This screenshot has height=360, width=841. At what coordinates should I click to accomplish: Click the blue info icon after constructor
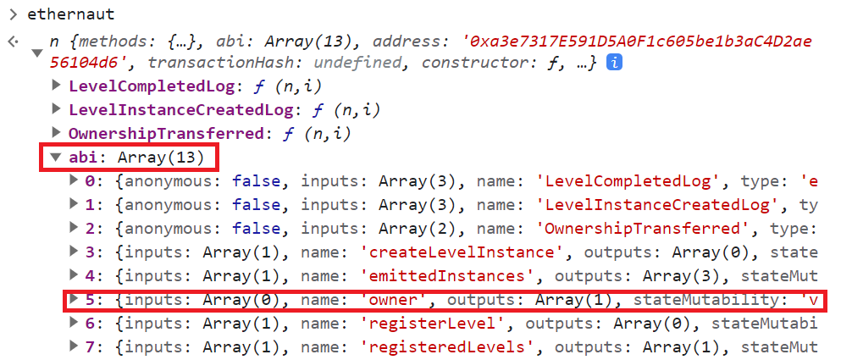click(615, 63)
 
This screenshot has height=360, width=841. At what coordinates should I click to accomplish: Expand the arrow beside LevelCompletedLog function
click(56, 86)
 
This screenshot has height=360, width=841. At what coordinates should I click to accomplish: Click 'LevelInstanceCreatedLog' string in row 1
click(656, 205)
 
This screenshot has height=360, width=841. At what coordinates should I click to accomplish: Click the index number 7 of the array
click(90, 346)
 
